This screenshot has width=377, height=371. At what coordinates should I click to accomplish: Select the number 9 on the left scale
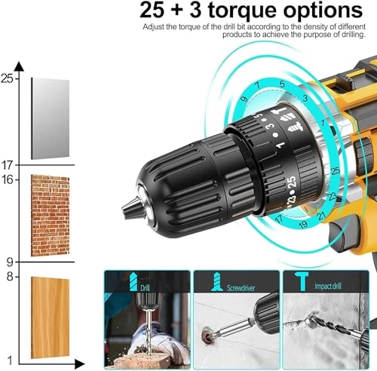pos(10,262)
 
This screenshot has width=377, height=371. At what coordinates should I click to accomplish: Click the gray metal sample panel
pos(50,118)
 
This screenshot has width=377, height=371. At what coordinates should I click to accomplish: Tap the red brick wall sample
pos(50,214)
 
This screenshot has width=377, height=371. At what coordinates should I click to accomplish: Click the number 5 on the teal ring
pos(281,84)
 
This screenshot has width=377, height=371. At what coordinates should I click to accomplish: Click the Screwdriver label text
pos(250,287)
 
